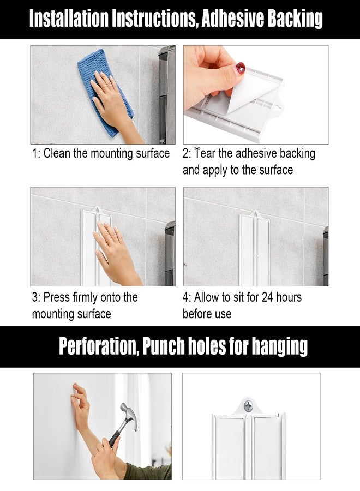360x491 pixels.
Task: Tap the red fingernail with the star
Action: (x=240, y=68)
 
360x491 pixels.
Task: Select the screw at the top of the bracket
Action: (x=249, y=406)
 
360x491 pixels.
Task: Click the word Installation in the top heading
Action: (x=69, y=19)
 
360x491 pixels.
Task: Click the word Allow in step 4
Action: (x=207, y=297)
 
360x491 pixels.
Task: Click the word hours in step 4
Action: (x=289, y=297)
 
